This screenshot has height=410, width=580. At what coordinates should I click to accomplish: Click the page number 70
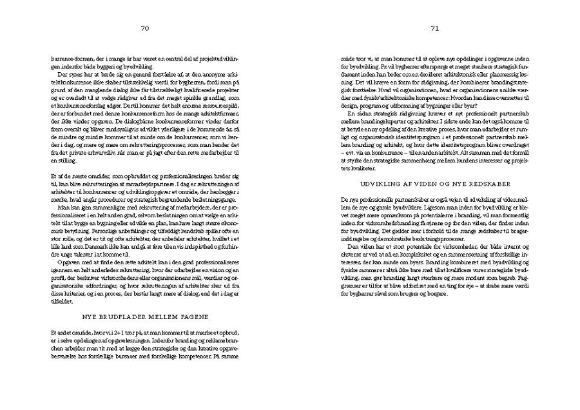coord(145,28)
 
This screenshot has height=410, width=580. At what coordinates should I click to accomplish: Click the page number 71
coord(434,28)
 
